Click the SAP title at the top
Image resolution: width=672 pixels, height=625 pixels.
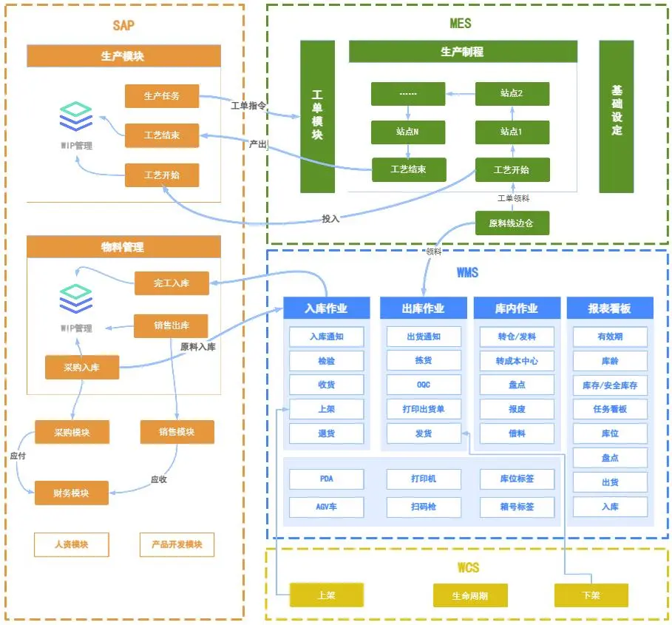tap(123, 25)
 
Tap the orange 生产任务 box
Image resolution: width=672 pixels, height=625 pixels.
tap(162, 96)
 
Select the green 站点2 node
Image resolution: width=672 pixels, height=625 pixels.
tap(512, 94)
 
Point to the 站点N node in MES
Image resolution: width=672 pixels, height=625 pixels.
tap(408, 132)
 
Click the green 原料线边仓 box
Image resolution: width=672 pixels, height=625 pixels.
tap(512, 223)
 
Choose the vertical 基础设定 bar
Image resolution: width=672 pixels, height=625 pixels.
tap(617, 116)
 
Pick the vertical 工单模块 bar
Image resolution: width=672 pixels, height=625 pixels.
tap(317, 116)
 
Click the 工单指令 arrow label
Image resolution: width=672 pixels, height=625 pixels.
tap(248, 106)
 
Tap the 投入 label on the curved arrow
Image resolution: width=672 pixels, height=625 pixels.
tap(330, 218)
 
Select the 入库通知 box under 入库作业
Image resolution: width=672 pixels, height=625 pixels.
tap(326, 337)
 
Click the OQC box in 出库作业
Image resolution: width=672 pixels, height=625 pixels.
tap(424, 385)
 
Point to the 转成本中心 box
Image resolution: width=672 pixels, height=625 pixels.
tap(517, 361)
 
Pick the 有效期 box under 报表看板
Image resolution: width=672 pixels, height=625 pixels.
tap(610, 337)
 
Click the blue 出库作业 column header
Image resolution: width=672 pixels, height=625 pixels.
tap(424, 308)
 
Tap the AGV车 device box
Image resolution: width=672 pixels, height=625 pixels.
tap(326, 507)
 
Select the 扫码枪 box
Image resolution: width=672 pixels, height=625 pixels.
tap(424, 507)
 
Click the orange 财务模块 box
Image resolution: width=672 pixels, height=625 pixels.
tap(71, 493)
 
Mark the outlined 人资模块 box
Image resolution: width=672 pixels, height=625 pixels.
tap(71, 544)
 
